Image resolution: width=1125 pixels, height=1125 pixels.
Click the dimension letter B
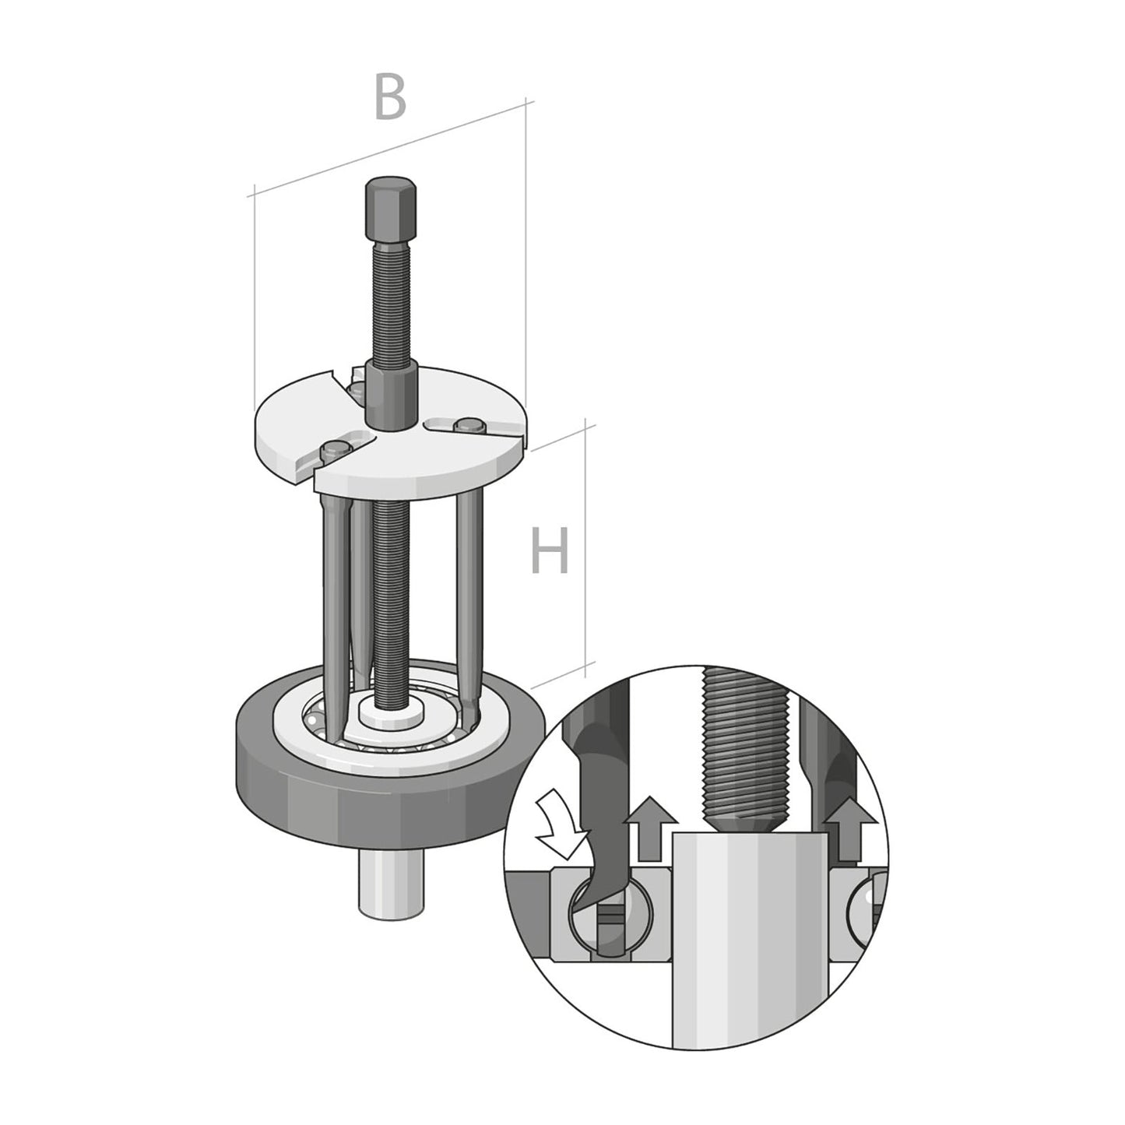[390, 97]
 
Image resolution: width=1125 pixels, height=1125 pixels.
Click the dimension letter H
[550, 550]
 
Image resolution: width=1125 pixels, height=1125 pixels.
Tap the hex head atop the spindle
[389, 209]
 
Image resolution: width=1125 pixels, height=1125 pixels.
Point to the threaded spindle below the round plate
[388, 599]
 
